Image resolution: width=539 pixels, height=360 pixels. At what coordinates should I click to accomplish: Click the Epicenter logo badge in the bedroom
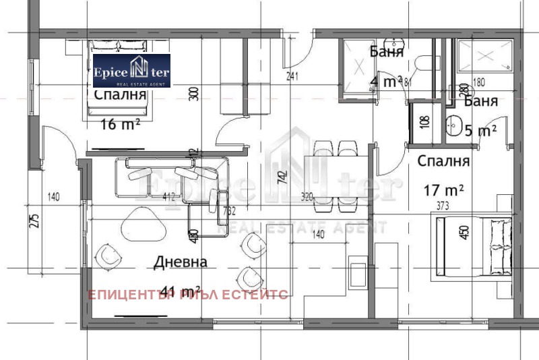[131, 71]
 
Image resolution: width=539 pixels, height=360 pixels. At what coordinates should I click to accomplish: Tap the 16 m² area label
[119, 123]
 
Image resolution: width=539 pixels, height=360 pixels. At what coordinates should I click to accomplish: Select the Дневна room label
[180, 262]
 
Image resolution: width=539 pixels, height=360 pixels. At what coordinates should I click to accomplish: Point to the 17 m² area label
[443, 190]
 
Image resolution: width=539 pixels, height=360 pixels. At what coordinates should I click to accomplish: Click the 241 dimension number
[292, 76]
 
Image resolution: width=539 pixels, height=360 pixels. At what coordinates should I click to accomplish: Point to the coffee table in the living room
[143, 223]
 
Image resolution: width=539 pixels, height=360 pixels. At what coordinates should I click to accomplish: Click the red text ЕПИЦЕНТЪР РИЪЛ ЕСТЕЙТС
[189, 295]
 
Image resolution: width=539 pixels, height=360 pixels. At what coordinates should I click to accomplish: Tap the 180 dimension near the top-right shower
[479, 83]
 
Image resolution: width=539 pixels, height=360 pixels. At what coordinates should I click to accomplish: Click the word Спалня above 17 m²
[443, 162]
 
